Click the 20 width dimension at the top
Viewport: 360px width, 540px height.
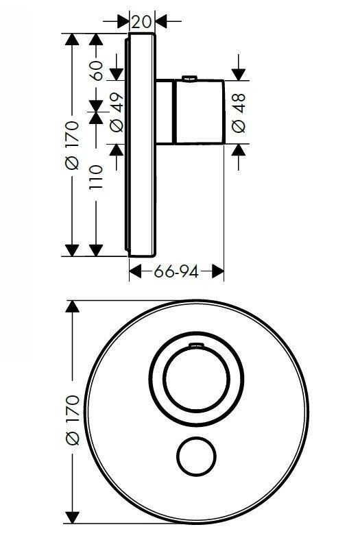tap(141, 22)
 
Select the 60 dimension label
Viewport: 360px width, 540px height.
tap(96, 71)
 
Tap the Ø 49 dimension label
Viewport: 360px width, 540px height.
tap(117, 112)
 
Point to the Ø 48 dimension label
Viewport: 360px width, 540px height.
tap(239, 113)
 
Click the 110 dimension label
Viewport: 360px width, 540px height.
tap(96, 177)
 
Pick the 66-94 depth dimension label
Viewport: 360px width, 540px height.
tap(176, 272)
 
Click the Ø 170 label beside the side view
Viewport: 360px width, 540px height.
tap(72, 145)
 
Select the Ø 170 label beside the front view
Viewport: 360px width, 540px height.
tap(73, 420)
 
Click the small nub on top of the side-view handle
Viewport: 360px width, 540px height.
tap(190, 79)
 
